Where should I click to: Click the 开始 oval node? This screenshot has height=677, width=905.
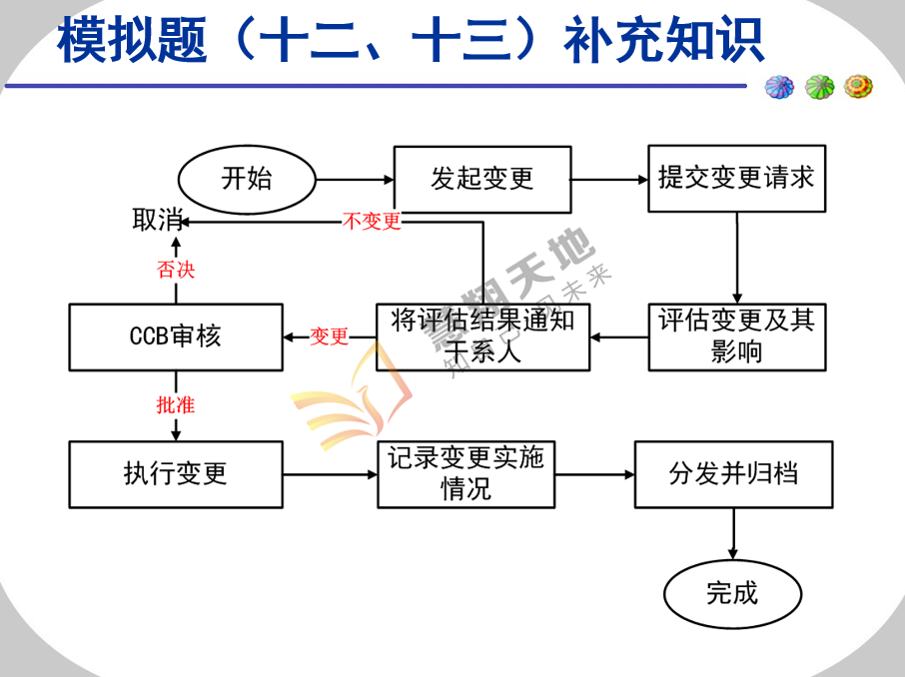point(247,180)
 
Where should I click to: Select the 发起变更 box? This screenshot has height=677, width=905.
point(482,180)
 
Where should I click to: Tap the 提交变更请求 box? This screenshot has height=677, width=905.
point(736,179)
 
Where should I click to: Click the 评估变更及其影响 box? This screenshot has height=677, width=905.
point(736,337)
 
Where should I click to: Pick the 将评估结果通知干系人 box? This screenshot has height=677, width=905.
point(482,337)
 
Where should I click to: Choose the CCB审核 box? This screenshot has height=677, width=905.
point(176,337)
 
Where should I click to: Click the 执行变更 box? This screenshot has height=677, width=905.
point(176,474)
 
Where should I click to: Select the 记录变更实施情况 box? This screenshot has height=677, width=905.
point(465,474)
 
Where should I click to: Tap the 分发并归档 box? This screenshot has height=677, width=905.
point(733,474)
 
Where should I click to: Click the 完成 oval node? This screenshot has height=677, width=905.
point(732,594)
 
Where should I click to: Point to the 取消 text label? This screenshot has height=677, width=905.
point(158,221)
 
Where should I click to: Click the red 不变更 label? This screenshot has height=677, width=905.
point(372,222)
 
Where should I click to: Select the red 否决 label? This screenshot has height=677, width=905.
point(176,270)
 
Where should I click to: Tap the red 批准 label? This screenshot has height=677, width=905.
point(176,404)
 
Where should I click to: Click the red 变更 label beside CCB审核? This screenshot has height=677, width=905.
point(329,337)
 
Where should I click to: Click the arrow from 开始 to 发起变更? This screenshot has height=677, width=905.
point(355,180)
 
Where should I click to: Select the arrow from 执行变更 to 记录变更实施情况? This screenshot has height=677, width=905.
point(330,474)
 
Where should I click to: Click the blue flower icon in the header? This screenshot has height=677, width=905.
point(779,87)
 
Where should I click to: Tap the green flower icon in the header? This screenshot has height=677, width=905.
point(819,87)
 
